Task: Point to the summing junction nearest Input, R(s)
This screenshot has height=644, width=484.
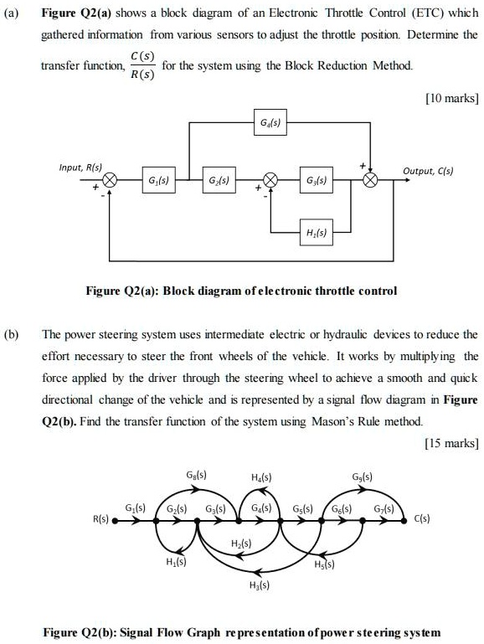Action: pyautogui.click(x=110, y=181)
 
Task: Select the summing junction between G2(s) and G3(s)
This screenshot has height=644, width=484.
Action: pyautogui.click(x=270, y=181)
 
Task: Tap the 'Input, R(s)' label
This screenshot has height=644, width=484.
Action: pyautogui.click(x=81, y=169)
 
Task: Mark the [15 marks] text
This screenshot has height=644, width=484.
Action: pyautogui.click(x=451, y=442)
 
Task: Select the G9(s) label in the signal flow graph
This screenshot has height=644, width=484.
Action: pyautogui.click(x=365, y=478)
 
